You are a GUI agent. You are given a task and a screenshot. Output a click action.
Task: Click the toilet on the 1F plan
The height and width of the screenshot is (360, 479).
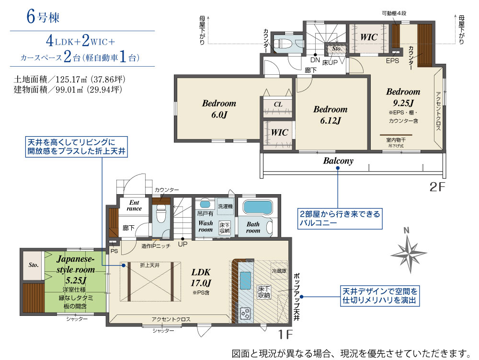coord(160,214)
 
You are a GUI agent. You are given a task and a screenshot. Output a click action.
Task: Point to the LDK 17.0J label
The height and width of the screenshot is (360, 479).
coord(201,278)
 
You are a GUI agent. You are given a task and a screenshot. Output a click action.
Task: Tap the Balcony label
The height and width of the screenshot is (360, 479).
coord(338,161)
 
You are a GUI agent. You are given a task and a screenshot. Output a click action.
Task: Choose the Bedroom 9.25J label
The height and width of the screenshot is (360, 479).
coord(403,97)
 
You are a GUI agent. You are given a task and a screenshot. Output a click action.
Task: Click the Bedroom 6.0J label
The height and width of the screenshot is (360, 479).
coord(219,108)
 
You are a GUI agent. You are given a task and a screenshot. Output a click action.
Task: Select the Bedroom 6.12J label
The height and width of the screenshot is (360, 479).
coord(330,115)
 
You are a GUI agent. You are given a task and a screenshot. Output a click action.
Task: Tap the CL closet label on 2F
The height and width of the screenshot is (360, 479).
coord(278,104)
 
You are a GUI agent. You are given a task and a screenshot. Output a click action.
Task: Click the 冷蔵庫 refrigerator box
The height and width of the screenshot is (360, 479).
coord(279,270)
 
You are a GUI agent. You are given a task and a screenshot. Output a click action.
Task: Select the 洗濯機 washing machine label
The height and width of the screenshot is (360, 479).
coord(225,206)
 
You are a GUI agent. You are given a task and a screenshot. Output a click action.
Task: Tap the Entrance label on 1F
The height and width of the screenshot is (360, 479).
coord(134,205)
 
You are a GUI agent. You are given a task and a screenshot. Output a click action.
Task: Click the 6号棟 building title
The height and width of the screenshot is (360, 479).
coord(43,16)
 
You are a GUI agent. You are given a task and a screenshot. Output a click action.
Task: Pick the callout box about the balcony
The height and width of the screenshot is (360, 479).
coord(340,219)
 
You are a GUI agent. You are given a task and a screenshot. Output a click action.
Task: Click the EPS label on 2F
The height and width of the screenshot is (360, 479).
coord(392,60)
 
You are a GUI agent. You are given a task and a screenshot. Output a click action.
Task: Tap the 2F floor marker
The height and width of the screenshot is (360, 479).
coord(437,187)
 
